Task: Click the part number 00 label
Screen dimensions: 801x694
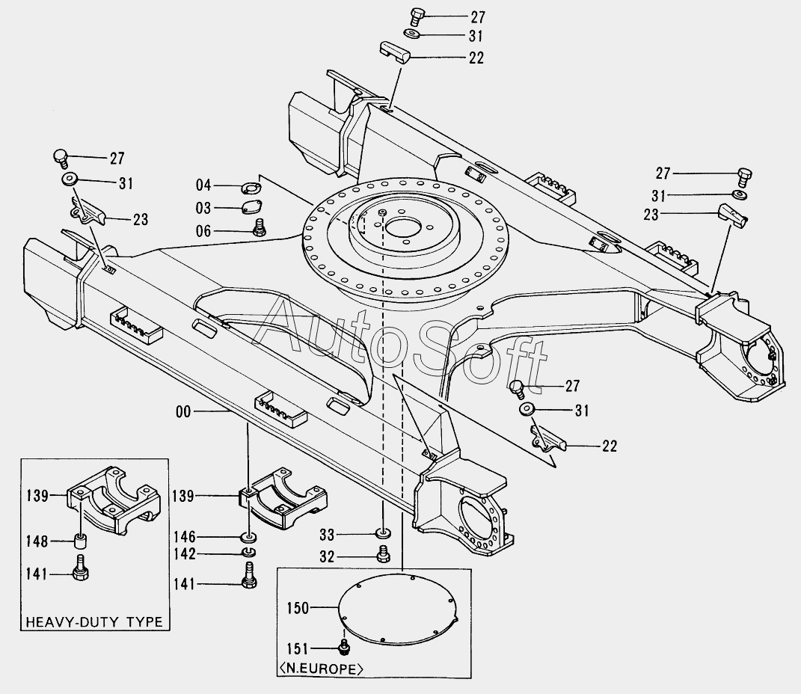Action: [183, 411]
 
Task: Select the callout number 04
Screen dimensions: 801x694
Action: [203, 185]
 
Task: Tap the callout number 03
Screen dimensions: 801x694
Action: [203, 209]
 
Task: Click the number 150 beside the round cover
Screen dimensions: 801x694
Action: [298, 608]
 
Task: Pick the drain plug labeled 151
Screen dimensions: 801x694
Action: [346, 646]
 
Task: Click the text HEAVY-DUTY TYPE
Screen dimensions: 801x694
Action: [94, 622]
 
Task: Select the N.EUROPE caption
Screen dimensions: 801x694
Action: [322, 669]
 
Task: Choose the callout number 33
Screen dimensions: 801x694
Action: [327, 535]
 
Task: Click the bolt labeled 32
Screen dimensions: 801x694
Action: [383, 554]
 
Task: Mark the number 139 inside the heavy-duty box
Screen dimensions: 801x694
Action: [37, 495]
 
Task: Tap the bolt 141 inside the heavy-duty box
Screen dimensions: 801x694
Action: [82, 568]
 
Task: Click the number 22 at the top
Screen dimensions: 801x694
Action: [476, 58]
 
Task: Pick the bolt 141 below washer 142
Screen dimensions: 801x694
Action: [249, 576]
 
